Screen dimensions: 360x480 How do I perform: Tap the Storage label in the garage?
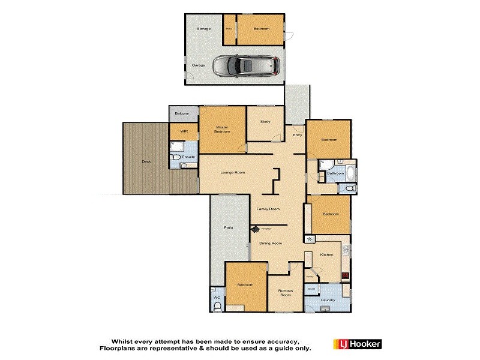[x=204, y=28]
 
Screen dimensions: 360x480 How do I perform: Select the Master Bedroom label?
[x=223, y=128]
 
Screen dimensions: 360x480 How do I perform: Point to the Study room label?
[x=265, y=122]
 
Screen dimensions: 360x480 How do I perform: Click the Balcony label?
[x=182, y=113]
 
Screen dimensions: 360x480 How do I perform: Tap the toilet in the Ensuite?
[x=176, y=158]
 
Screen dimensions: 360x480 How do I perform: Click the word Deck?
[x=146, y=161]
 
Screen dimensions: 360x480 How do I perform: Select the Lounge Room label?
[x=233, y=173]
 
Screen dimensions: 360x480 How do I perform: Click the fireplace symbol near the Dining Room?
[x=256, y=229]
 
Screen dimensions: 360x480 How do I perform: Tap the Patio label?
[x=228, y=228]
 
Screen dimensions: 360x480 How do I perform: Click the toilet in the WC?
[x=217, y=307]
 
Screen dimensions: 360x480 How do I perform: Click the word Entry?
[x=297, y=135]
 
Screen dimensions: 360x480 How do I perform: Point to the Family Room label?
[x=268, y=209]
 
